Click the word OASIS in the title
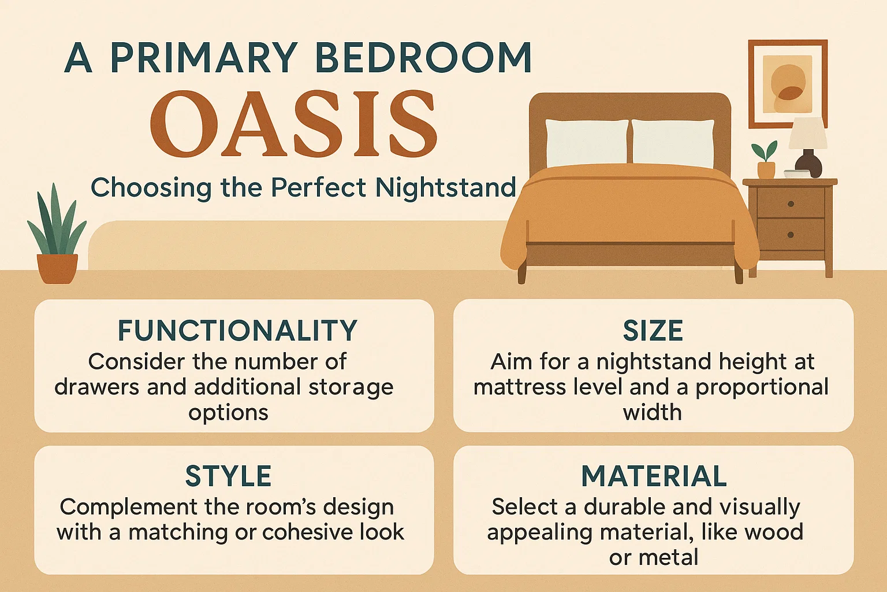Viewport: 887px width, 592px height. click(293, 124)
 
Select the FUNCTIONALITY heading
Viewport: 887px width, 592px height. click(237, 331)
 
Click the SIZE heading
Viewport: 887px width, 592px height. click(653, 331)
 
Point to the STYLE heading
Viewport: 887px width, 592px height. click(228, 476)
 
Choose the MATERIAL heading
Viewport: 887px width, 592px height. click(654, 476)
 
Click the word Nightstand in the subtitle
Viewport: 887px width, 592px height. click(445, 187)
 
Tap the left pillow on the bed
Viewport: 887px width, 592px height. click(586, 142)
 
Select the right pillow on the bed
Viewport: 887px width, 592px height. click(673, 142)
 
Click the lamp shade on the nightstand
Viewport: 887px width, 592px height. click(807, 134)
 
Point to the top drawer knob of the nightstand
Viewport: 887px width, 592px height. click(791, 204)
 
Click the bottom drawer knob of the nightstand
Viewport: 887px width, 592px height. click(791, 234)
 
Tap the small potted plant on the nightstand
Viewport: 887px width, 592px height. click(766, 160)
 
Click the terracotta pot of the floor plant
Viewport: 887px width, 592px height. click(57, 269)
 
